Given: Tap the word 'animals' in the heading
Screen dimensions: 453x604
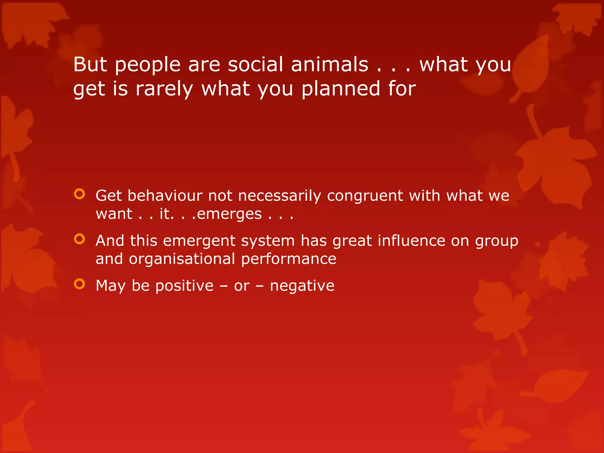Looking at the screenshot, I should click(329, 64).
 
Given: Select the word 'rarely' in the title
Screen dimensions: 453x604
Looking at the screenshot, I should click(164, 89).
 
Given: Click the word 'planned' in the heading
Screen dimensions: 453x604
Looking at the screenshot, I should click(341, 89).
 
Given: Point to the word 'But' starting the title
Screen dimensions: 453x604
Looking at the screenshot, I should click(90, 64).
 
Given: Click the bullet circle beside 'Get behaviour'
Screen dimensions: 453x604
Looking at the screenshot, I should click(79, 194).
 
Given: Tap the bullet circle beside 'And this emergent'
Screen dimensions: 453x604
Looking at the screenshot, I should click(79, 239).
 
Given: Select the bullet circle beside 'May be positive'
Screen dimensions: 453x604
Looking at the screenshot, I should click(79, 284).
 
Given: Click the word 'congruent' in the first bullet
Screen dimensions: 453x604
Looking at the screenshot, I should click(365, 196).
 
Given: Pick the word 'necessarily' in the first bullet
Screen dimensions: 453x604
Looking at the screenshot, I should click(279, 196).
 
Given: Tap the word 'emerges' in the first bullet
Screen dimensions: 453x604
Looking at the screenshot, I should click(229, 214).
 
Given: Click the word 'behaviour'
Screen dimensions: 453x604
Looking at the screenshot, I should click(165, 196).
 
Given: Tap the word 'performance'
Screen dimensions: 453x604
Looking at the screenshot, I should click(288, 259).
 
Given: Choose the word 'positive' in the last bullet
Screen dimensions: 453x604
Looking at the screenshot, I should click(184, 286).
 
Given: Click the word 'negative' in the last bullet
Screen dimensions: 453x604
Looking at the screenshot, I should click(302, 286).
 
